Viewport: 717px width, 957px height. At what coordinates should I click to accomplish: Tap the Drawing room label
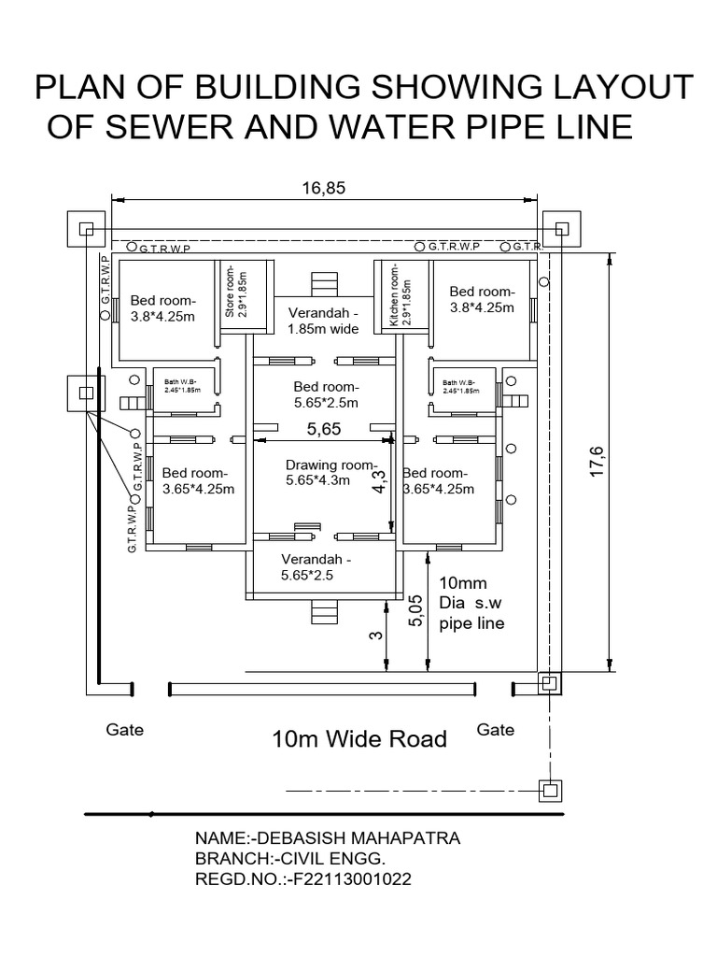[317, 473]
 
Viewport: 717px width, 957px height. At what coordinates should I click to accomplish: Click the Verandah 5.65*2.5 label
[316, 567]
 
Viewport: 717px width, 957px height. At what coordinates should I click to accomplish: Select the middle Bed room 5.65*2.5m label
[326, 394]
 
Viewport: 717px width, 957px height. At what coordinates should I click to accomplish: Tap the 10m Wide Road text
[359, 739]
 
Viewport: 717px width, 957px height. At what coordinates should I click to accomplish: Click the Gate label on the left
[124, 730]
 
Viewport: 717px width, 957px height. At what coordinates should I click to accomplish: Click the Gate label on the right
[496, 730]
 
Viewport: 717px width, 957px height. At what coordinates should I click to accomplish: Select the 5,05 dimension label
[416, 613]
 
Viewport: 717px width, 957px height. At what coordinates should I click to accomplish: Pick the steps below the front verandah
[323, 613]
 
